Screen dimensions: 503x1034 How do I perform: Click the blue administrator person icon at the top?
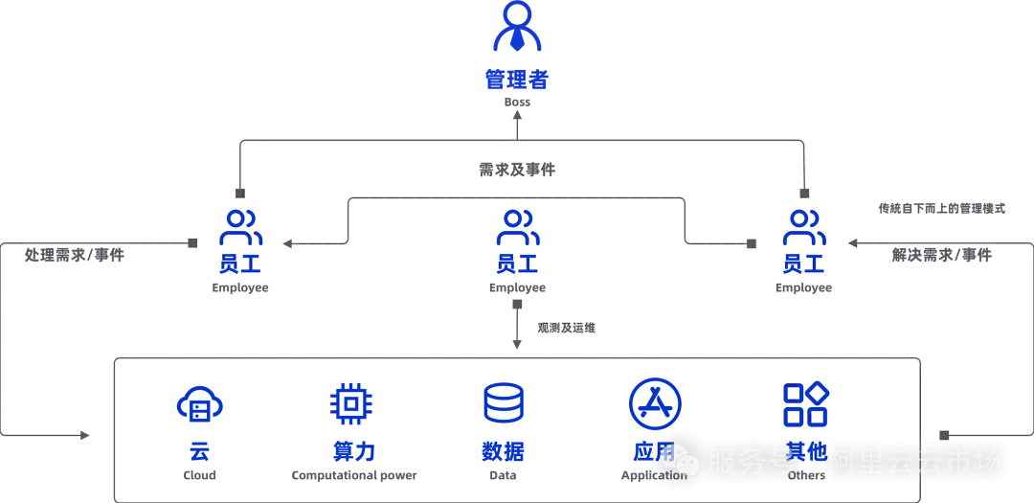tap(516, 29)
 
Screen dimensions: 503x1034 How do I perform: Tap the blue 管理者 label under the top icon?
tap(516, 79)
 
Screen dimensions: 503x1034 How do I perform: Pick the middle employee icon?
tap(516, 227)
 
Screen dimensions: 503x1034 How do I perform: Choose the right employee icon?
tap(802, 227)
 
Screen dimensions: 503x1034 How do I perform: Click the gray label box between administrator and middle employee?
tap(516, 172)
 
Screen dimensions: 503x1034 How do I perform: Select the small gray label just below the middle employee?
tap(566, 330)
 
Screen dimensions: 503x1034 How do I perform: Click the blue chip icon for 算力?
tap(351, 403)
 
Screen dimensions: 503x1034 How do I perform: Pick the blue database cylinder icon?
tap(505, 403)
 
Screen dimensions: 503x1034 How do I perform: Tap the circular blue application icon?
tap(655, 403)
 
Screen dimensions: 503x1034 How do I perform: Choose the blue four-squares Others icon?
tap(805, 403)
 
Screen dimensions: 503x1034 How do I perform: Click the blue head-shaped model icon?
tap(199, 405)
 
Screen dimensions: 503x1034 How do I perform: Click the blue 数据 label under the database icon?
tap(505, 451)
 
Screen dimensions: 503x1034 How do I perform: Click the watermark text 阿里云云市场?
tap(914, 462)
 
